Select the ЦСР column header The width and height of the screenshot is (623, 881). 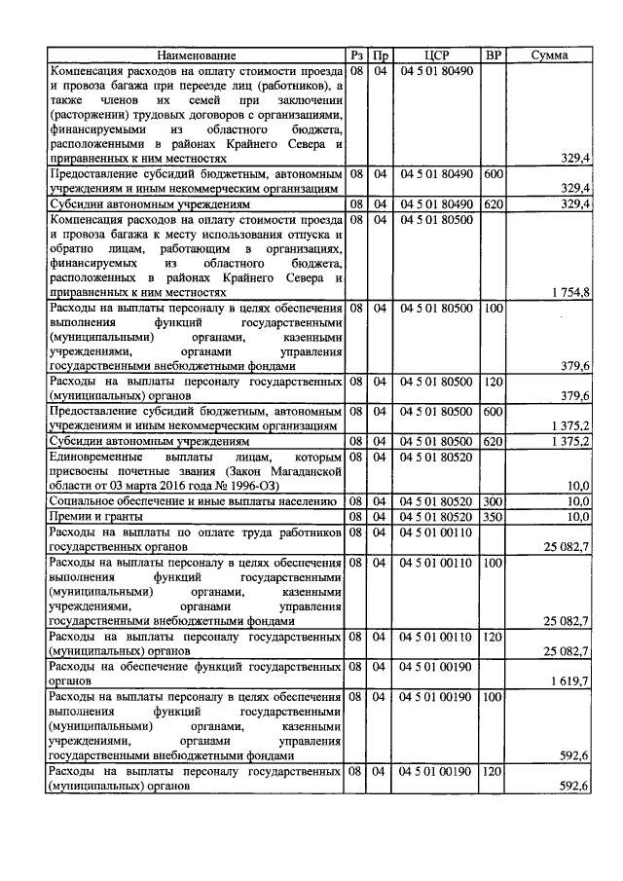436,56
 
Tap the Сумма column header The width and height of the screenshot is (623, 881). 551,56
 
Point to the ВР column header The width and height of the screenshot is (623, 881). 493,56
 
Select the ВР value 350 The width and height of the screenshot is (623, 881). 493,516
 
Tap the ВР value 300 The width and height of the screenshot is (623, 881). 493,500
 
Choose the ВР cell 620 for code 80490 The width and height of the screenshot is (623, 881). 493,204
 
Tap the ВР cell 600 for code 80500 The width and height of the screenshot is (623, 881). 493,412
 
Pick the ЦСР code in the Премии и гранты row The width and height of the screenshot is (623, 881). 436,516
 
